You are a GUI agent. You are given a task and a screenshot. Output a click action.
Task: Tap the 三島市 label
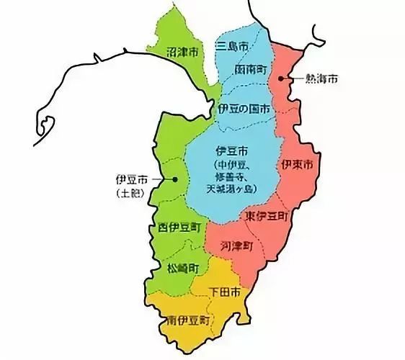[x=233, y=46]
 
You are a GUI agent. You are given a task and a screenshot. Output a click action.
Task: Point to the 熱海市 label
[x=321, y=77]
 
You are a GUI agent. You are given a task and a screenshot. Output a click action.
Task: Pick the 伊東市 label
[x=297, y=165]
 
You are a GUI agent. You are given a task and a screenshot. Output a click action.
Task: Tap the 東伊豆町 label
[x=266, y=216]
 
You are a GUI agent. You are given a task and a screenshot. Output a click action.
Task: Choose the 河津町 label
[x=239, y=245]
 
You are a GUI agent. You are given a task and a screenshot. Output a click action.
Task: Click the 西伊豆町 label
[x=178, y=229]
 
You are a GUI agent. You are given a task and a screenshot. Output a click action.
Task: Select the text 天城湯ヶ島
[x=231, y=189]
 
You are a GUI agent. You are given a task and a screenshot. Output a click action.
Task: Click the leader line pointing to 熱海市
[x=296, y=76]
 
